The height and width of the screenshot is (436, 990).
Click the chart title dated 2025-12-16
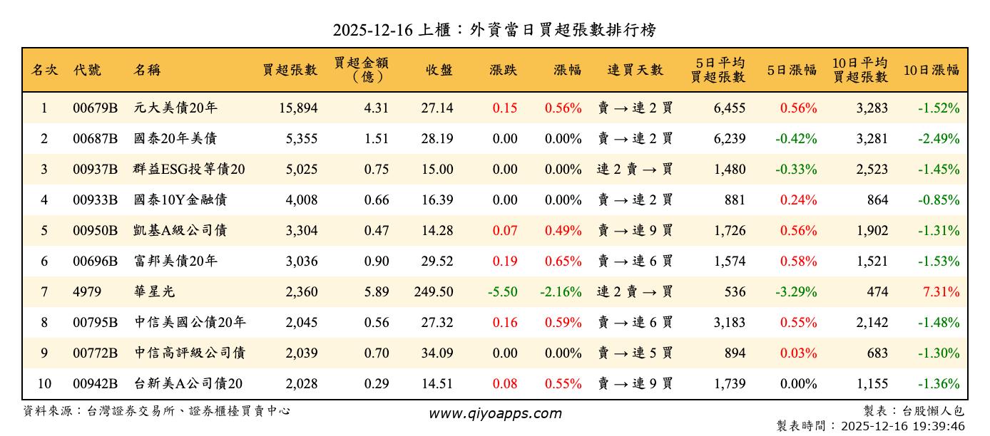coord(494,30)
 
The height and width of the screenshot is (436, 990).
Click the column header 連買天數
coord(635,70)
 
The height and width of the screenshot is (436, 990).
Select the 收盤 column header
coord(438,70)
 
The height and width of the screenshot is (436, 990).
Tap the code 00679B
coord(95,108)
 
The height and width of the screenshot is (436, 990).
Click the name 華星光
coord(154,292)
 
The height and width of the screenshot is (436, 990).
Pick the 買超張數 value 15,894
coord(291,108)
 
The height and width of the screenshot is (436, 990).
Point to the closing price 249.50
coord(433,292)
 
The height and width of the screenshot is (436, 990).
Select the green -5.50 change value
coord(503,292)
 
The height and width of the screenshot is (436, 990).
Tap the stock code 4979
coord(87,292)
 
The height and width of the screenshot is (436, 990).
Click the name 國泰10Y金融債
coord(180,200)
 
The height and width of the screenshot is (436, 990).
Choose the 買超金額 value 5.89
coord(376,292)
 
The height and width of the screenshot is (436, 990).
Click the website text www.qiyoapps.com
coord(494,413)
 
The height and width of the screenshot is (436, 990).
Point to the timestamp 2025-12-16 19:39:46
coord(903,426)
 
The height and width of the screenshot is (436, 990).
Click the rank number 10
coord(44,384)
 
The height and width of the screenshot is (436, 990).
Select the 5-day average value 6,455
coord(729,108)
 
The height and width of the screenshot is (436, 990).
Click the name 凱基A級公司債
coord(180,231)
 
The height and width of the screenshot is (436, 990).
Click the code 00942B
coord(95,384)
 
